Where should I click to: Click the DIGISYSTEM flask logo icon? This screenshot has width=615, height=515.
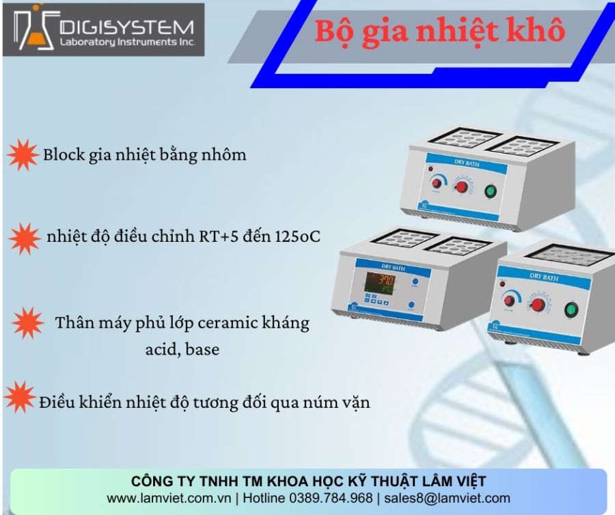point(33,29)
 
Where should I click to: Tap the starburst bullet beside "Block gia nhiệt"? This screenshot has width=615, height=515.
point(23,155)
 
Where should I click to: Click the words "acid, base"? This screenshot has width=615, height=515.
point(182,349)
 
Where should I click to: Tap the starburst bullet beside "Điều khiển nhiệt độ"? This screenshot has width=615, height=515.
point(20,397)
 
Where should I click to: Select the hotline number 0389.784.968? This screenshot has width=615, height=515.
point(331,498)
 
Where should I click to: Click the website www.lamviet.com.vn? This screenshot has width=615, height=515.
point(169,498)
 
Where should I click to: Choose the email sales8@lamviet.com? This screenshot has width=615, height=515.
point(447,498)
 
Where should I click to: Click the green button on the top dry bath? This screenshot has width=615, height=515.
point(490,191)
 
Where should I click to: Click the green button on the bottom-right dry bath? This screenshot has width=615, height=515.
point(571,310)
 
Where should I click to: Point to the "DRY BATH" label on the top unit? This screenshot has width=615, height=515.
point(467,163)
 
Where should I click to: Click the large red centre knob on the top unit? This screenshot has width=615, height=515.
point(462,187)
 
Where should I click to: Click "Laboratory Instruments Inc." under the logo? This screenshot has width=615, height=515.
point(128,42)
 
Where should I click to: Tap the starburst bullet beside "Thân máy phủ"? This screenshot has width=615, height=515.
point(27,323)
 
